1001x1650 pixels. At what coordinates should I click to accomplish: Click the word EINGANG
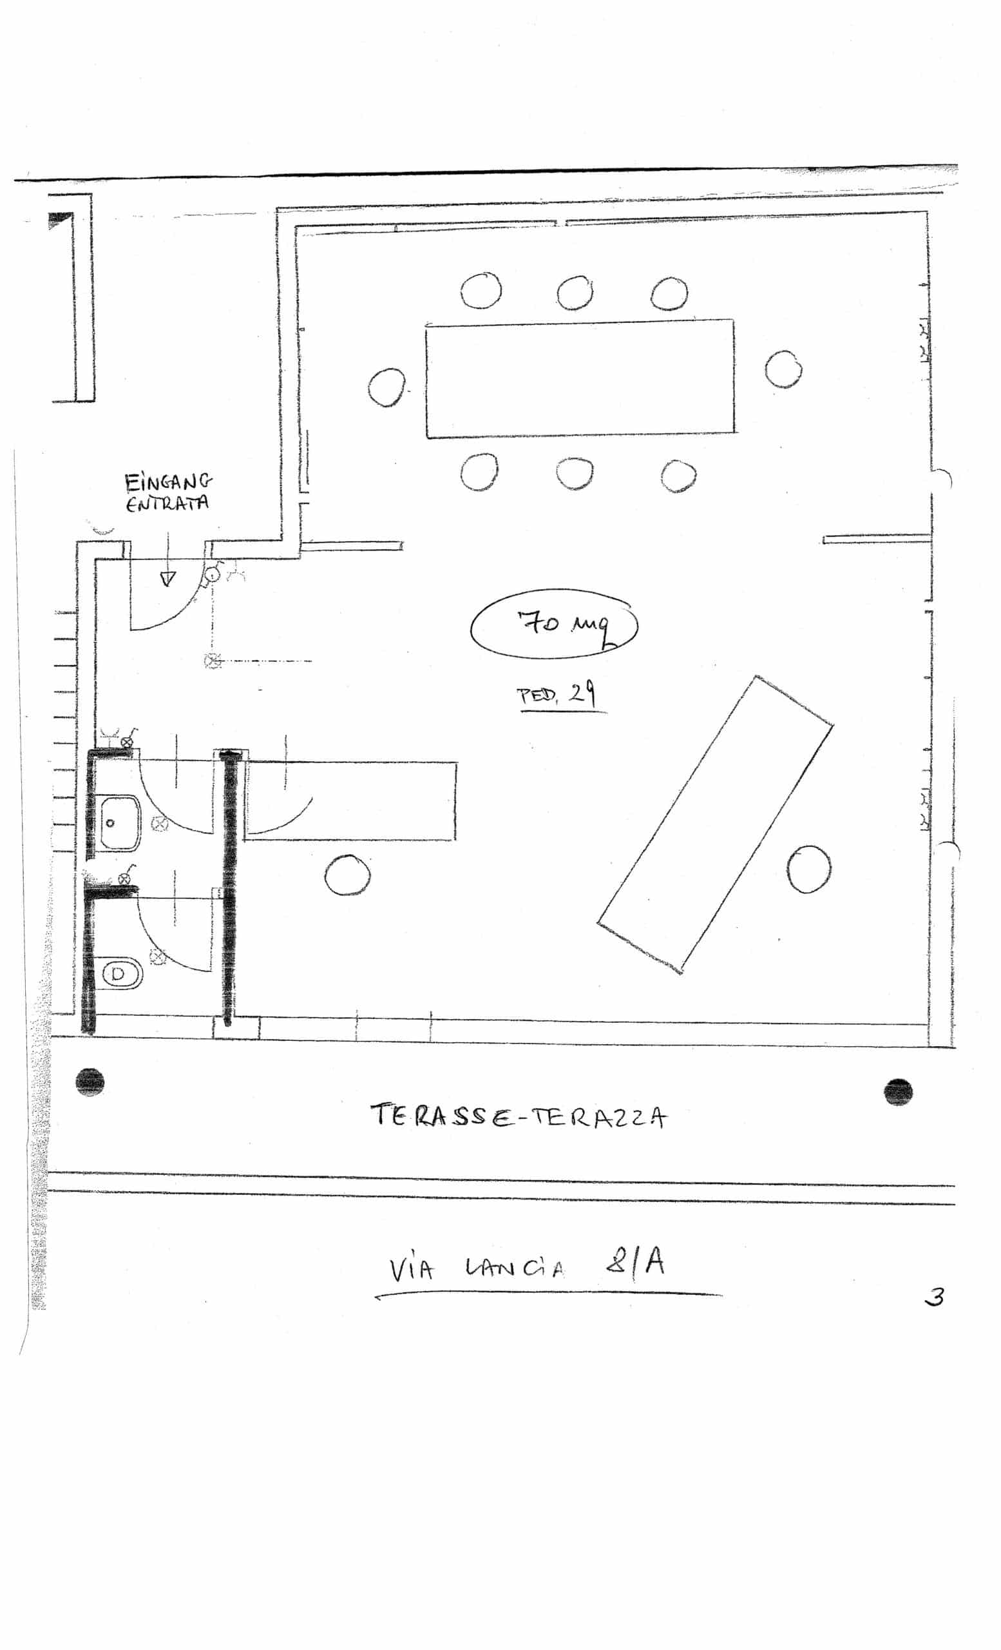point(168,482)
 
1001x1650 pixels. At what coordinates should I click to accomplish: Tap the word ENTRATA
point(167,503)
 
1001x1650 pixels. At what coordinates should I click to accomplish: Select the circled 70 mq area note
point(554,625)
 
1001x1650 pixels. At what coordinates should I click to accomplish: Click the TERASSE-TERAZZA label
point(519,1117)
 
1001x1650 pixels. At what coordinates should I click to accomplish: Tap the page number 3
point(934,1297)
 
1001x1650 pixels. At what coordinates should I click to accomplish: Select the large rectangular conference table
point(580,378)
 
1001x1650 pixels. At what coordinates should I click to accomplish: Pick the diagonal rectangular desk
point(714,824)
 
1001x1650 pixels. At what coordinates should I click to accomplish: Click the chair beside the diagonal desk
point(808,869)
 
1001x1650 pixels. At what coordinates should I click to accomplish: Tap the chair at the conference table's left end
point(386,388)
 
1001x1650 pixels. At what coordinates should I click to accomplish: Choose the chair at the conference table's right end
point(783,369)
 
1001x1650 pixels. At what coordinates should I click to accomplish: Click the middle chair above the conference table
point(574,293)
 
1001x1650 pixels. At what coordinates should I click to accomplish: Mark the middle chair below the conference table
point(574,474)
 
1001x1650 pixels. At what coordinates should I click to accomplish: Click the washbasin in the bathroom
point(120,822)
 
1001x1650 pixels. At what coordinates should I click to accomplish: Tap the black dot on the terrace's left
point(90,1082)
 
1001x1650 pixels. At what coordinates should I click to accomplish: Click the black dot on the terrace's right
point(898,1092)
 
